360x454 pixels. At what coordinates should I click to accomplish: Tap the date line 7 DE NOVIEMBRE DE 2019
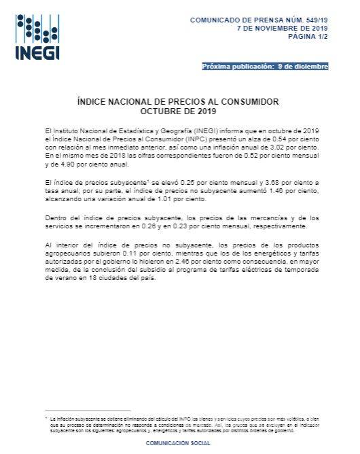(x=282, y=29)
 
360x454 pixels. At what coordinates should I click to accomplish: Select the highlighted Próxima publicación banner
(x=265, y=67)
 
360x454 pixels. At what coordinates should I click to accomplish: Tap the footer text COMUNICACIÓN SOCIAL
(x=179, y=443)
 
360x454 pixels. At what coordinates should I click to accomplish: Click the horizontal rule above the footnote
(x=87, y=410)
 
